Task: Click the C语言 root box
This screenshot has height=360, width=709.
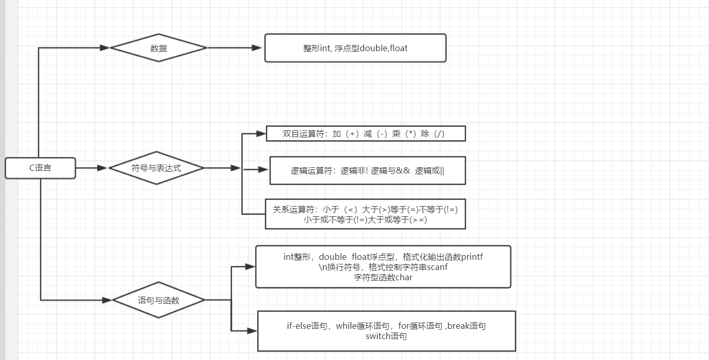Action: pos(40,168)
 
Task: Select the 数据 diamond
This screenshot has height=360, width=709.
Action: pos(158,48)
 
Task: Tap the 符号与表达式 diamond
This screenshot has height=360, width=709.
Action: pos(156,168)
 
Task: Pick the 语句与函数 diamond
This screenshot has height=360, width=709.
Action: pos(158,300)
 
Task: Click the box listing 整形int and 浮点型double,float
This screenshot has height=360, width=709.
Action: pos(355,48)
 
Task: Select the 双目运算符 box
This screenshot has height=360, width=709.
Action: pos(365,133)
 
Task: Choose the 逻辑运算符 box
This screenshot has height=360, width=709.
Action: pos(368,170)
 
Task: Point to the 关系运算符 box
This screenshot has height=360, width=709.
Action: pos(365,214)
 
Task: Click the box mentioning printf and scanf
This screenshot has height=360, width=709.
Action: pos(383,267)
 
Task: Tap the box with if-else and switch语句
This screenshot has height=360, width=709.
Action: pos(386,331)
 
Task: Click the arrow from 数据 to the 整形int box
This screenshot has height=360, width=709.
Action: pos(235,48)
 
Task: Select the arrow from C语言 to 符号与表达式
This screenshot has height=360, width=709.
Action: pos(92,168)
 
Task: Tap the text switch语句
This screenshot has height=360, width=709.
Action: pos(386,336)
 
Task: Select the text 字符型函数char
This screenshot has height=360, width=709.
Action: pos(383,278)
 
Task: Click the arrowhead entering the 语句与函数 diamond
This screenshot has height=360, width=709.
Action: pos(107,300)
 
